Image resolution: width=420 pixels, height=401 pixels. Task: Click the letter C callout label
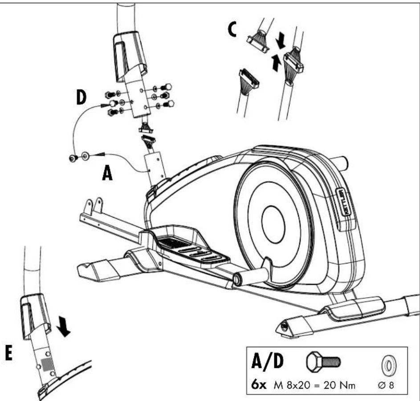(x=232, y=29)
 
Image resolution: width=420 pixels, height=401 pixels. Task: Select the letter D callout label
(x=81, y=97)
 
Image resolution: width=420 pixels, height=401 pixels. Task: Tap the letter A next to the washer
(x=107, y=173)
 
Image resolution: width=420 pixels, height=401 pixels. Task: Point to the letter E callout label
(x=9, y=353)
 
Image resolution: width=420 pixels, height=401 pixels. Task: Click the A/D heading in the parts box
(x=267, y=361)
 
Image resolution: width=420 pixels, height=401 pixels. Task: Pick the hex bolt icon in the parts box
(x=323, y=362)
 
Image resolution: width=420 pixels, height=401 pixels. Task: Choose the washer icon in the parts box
(x=389, y=365)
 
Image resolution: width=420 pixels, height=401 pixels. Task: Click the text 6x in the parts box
(x=259, y=385)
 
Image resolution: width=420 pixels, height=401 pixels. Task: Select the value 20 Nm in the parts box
(x=339, y=385)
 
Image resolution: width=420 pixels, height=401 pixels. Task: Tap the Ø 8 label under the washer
(x=386, y=385)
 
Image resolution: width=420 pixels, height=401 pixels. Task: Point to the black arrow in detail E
(x=64, y=326)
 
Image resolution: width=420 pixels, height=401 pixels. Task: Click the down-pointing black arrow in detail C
(x=281, y=41)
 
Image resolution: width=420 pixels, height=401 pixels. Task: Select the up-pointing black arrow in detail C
(x=276, y=62)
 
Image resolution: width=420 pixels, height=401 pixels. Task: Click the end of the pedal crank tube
(x=237, y=279)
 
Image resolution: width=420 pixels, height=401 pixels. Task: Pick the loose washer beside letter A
(x=85, y=155)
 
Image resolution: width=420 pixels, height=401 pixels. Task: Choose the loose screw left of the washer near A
(x=73, y=158)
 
